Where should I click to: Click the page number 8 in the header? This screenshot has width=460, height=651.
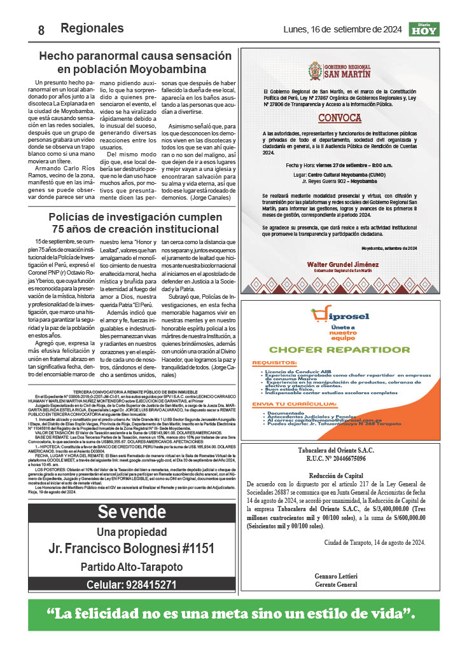pos(41,30)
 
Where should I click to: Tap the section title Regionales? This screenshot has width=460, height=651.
pos(92,28)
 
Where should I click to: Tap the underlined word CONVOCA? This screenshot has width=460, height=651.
pos(340,118)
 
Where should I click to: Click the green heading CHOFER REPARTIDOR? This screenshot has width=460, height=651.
pos(339,349)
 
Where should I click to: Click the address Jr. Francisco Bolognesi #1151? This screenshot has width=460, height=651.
pos(132,549)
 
